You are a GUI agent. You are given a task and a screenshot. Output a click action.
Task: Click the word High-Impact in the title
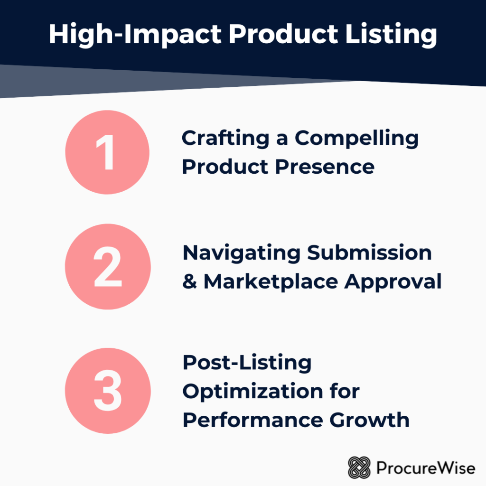(135, 35)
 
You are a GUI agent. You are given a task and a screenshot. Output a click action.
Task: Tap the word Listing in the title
(391, 35)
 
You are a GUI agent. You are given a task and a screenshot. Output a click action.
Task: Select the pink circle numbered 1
(107, 152)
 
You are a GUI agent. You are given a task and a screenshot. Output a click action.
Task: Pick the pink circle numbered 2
(108, 267)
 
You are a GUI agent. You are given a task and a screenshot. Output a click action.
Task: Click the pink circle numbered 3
(108, 391)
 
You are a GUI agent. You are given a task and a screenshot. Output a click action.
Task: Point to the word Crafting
(225, 139)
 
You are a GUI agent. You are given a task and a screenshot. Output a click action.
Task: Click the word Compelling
(356, 139)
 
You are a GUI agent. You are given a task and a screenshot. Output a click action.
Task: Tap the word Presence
(325, 167)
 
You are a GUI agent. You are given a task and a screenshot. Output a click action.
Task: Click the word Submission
(369, 252)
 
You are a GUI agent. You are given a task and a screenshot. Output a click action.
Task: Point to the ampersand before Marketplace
(189, 281)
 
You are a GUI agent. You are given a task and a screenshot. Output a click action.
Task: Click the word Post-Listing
(247, 363)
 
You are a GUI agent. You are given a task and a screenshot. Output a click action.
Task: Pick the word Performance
(252, 420)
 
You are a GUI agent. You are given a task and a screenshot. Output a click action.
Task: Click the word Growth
(369, 420)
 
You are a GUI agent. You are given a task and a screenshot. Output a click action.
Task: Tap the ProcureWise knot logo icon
(359, 467)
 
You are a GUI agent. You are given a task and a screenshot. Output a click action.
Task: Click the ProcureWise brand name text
(426, 467)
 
